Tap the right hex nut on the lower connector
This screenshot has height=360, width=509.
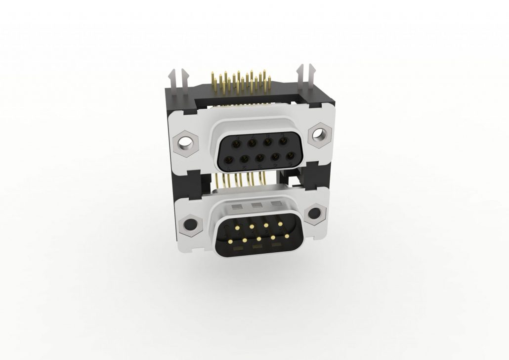(x=314, y=214)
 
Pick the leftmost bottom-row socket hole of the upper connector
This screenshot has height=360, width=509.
(x=230, y=160)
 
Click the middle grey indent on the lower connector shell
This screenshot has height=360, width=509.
(x=256, y=204)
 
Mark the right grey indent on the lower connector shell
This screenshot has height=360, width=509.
(x=276, y=203)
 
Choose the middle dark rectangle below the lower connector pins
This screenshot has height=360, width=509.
(x=257, y=246)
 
